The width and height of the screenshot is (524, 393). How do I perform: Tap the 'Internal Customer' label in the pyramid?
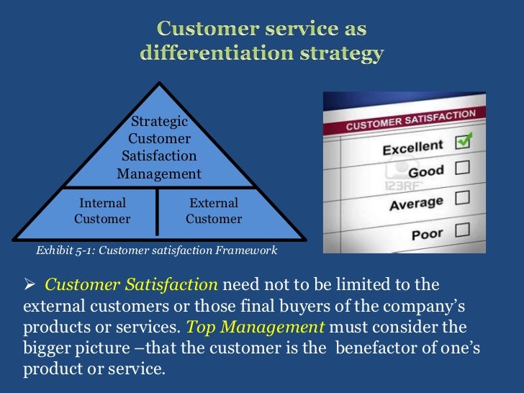[102, 211]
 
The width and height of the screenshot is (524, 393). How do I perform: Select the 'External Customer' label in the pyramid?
[214, 211]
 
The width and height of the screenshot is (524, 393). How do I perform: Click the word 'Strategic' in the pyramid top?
[159, 122]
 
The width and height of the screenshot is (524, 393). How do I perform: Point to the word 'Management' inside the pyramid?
[159, 173]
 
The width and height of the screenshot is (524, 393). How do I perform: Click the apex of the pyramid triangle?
[159, 84]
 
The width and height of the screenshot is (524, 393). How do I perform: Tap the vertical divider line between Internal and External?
[157, 212]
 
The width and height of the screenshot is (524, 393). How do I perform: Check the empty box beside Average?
[462, 197]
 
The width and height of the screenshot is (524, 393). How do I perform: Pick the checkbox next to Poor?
[461, 230]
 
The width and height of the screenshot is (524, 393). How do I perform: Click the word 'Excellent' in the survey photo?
[412, 148]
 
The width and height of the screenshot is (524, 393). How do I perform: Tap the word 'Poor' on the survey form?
[427, 235]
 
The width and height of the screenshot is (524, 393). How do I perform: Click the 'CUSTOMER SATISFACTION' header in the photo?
[411, 120]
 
